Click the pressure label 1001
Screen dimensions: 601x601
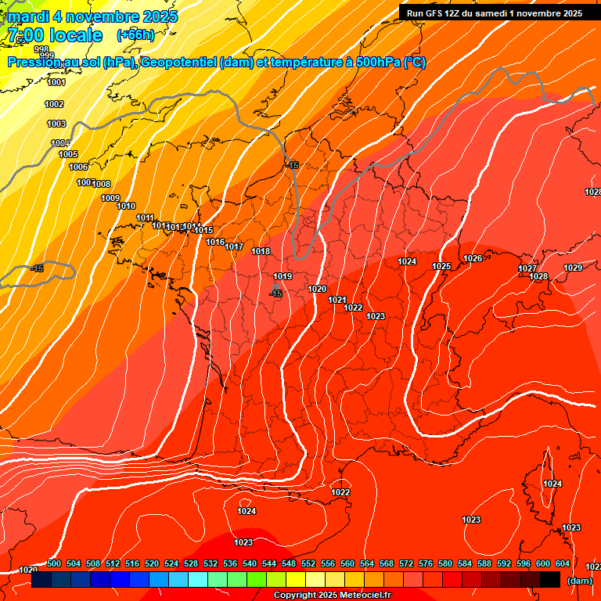[x=56, y=82]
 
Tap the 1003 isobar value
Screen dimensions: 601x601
[x=56, y=124]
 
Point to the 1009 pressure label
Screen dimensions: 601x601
[x=110, y=198]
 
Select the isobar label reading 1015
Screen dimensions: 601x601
[x=204, y=230]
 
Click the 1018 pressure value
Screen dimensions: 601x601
[x=261, y=251]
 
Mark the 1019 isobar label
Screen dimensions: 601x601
[x=283, y=276]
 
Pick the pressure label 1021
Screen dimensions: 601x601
[x=337, y=300]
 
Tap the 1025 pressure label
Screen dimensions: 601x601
[x=441, y=267]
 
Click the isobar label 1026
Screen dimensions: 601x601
[x=473, y=258]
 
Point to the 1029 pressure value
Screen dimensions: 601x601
[x=573, y=268]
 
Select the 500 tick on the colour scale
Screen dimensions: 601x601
[x=54, y=563]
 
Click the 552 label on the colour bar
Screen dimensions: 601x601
[x=308, y=563]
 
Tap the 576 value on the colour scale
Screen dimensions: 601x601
[x=426, y=563]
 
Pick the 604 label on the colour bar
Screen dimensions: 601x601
[x=563, y=563]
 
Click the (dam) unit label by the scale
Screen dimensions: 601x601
[x=579, y=581]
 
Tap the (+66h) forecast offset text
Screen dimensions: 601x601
[x=135, y=35]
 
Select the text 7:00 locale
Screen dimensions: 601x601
[x=55, y=35]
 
